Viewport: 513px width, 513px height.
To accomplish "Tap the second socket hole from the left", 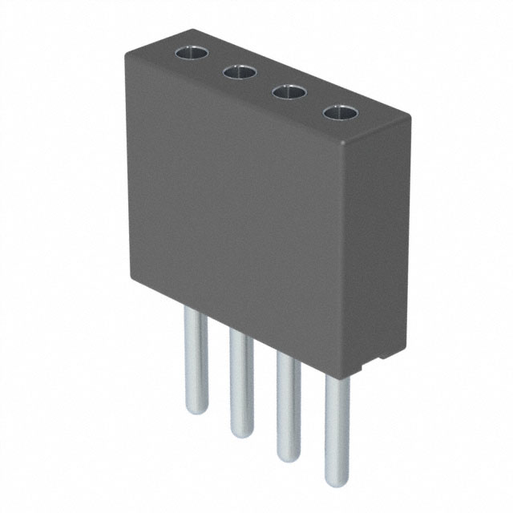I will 239,73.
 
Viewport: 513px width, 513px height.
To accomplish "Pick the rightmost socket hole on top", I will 338,113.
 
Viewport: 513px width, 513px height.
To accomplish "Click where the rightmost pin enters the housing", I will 337,377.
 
